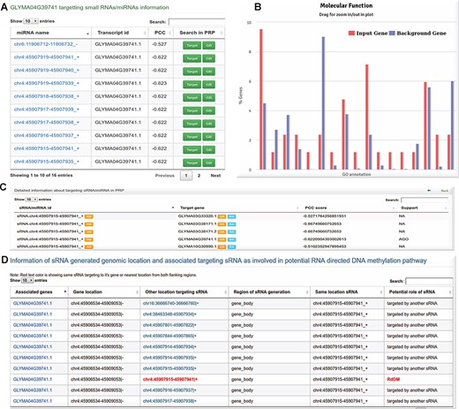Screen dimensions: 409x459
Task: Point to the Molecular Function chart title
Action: [x=355, y=7]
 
